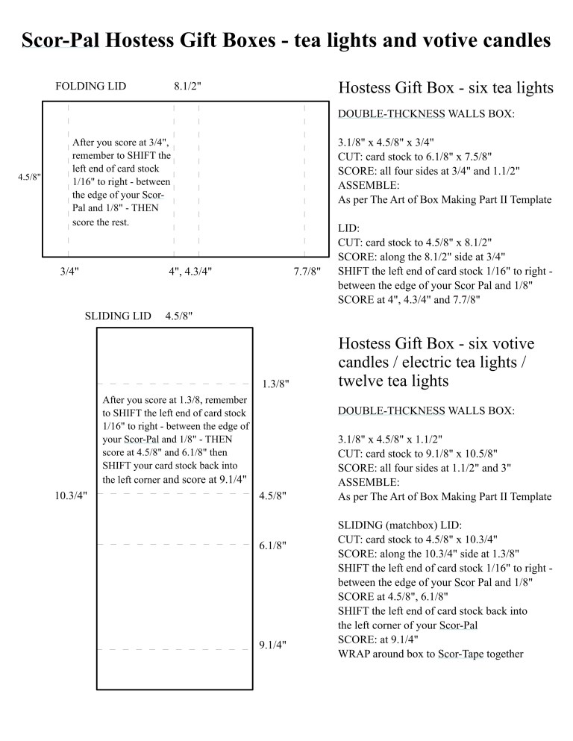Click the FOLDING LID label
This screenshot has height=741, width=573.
click(90, 86)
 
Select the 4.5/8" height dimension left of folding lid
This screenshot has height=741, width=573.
click(29, 178)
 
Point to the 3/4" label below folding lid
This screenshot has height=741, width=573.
click(69, 272)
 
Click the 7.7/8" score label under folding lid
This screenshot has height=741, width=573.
click(307, 272)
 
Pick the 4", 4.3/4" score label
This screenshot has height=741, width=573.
click(190, 272)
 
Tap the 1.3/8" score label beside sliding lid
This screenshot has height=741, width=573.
click(275, 384)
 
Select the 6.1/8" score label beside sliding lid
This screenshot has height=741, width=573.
click(272, 545)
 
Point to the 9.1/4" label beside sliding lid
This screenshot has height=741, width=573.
click(272, 644)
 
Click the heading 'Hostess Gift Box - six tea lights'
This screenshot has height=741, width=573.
click(445, 88)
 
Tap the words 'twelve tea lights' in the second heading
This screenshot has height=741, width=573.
click(393, 381)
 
